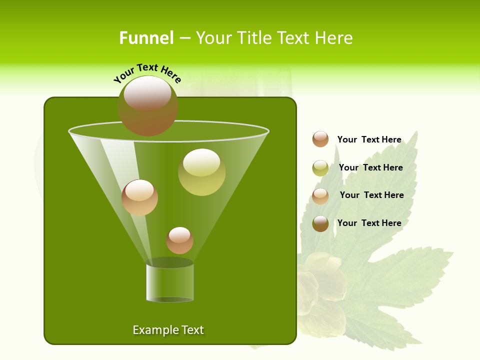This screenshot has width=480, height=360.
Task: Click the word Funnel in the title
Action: (x=146, y=38)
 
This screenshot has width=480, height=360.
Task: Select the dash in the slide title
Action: (x=184, y=38)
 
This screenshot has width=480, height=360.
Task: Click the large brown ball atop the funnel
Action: (x=147, y=106)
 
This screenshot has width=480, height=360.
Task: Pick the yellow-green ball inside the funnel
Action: (x=201, y=172)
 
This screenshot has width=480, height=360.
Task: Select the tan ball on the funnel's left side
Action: (x=139, y=198)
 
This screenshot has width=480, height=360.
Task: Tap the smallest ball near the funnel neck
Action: (x=179, y=240)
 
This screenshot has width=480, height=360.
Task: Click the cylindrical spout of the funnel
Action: (x=169, y=282)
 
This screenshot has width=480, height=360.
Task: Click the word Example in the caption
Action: (x=155, y=330)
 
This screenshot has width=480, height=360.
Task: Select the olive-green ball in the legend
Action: (x=320, y=168)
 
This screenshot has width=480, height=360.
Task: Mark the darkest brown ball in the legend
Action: (x=320, y=223)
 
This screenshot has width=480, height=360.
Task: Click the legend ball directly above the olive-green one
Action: (x=320, y=139)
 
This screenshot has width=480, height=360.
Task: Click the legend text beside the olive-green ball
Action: (x=370, y=167)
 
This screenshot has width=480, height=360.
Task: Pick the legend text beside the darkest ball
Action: (x=369, y=223)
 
